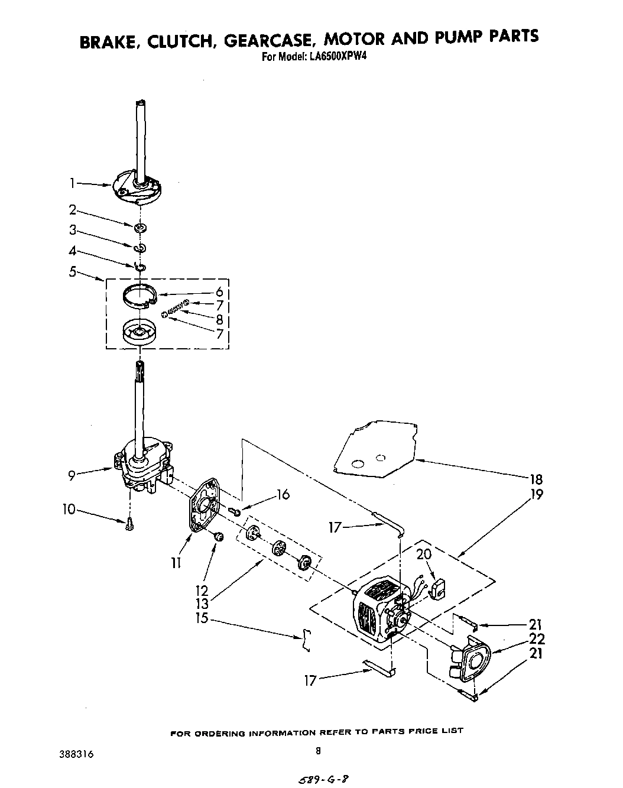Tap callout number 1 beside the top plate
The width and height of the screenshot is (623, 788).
pos(72,184)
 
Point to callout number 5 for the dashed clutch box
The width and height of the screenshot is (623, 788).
pos(73,273)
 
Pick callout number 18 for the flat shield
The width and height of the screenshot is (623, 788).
pos(536,479)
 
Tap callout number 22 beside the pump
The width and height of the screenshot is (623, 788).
pos(537,639)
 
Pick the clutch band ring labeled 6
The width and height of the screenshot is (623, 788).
pos(142,295)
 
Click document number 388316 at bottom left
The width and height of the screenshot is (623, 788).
pos(76,754)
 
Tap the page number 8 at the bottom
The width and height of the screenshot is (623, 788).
pos(318,751)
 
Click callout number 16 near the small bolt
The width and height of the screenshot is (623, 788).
pos(283,494)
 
